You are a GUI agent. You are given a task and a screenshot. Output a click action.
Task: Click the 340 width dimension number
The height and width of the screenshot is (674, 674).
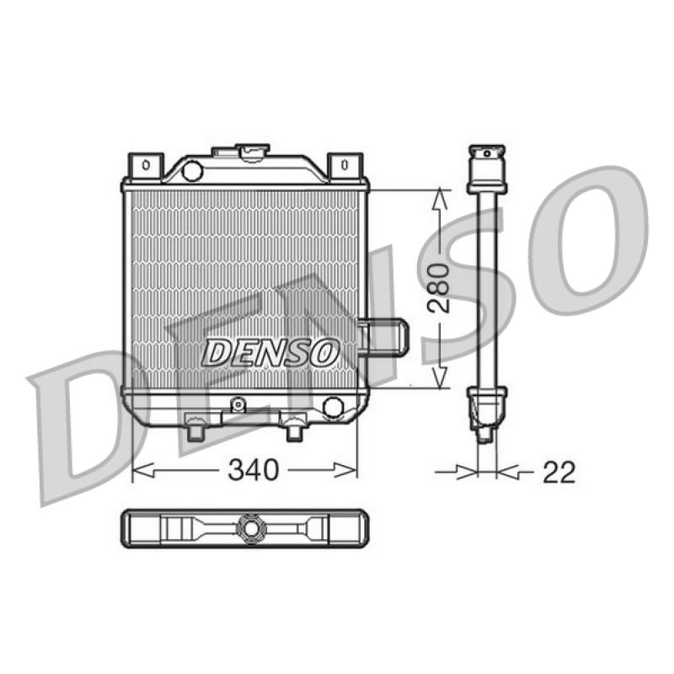(x=254, y=469)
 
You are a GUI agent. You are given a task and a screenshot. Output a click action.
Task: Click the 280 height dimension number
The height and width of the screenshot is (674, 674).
(x=438, y=287)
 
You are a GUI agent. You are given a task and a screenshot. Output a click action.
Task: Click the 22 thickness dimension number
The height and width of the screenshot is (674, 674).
(x=559, y=472)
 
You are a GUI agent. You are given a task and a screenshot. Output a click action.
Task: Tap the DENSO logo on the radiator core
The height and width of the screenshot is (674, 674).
(x=270, y=352)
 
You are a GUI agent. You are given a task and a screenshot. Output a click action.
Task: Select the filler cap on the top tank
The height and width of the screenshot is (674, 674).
(x=253, y=152)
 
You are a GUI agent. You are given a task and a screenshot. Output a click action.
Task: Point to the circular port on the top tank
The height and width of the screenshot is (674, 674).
(x=192, y=170)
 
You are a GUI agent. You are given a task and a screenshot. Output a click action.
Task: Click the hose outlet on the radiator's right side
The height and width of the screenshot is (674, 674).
(x=384, y=337)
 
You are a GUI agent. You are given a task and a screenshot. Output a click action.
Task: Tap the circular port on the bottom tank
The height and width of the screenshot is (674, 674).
(x=333, y=407)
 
